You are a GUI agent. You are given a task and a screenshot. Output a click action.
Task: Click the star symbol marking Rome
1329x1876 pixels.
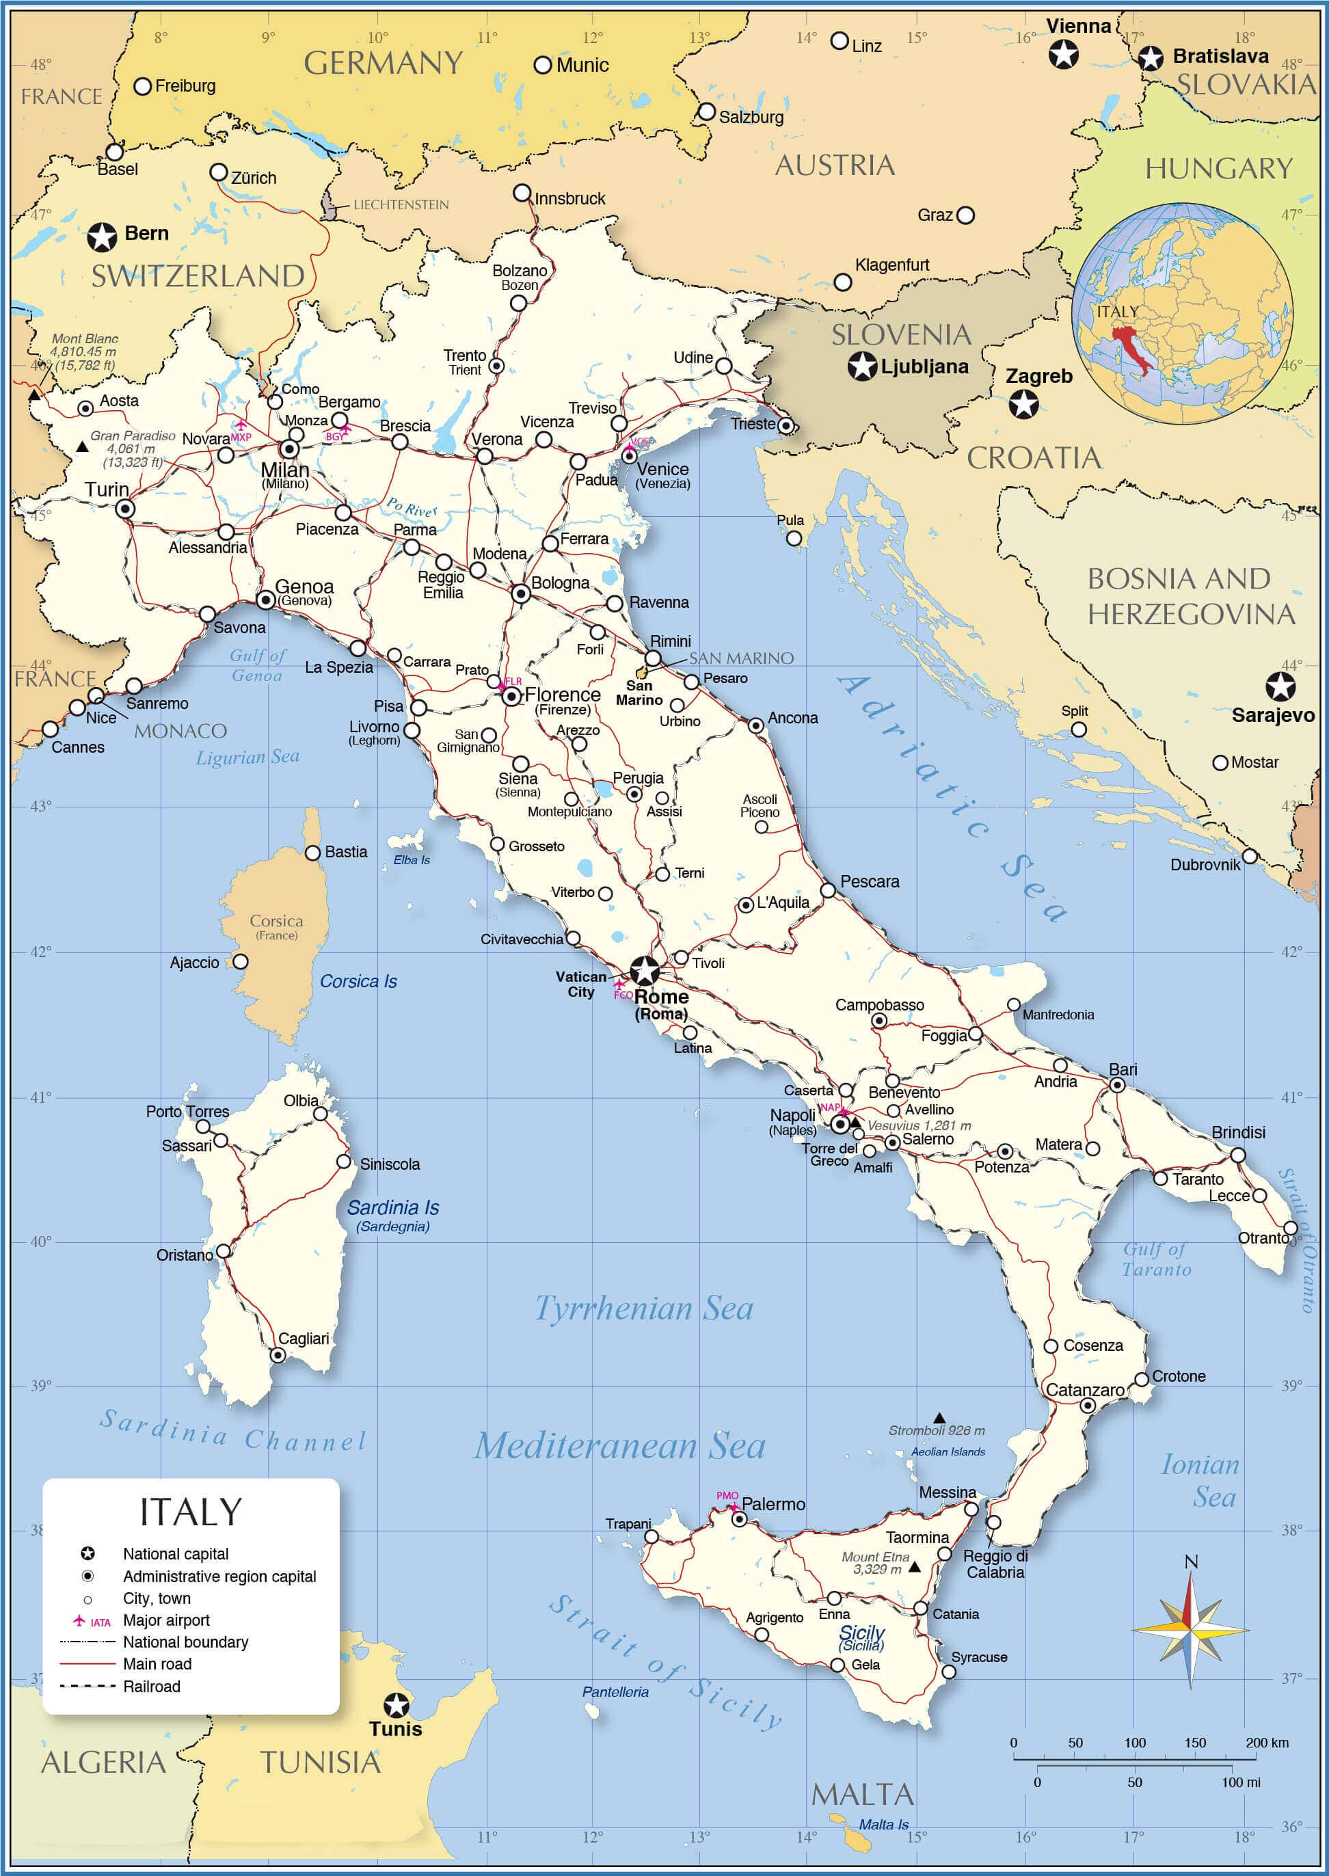645,970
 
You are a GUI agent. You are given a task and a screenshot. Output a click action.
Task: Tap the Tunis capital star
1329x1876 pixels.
396,1705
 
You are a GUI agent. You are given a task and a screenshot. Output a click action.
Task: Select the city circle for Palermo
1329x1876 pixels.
739,1519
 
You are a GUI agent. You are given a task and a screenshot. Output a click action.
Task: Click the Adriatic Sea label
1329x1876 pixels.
954,797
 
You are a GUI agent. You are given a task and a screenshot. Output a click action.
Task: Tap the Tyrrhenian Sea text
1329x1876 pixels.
644,1309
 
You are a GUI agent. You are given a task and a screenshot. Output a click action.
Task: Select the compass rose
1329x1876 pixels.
1191,1628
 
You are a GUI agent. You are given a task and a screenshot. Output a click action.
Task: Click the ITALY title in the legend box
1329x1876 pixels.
191,1512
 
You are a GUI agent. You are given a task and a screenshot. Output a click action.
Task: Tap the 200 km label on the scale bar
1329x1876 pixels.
1267,1743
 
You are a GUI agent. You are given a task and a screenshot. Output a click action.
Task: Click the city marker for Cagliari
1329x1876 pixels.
278,1356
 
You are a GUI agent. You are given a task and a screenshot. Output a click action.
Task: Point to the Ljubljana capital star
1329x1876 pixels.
861,366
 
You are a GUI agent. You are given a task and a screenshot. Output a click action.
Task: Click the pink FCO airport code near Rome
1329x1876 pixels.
623,995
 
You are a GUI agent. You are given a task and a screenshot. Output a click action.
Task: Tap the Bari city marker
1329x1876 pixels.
1117,1085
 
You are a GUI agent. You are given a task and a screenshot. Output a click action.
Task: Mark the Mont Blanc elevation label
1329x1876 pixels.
84,352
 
